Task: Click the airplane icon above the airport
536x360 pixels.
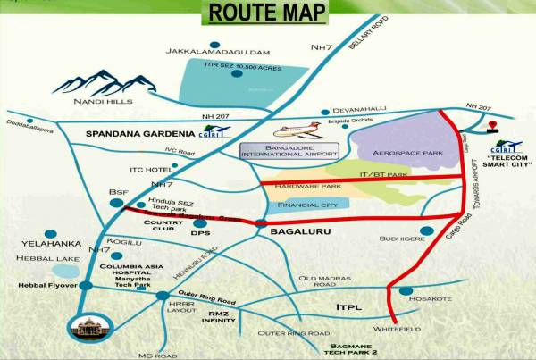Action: pos(294,128)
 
